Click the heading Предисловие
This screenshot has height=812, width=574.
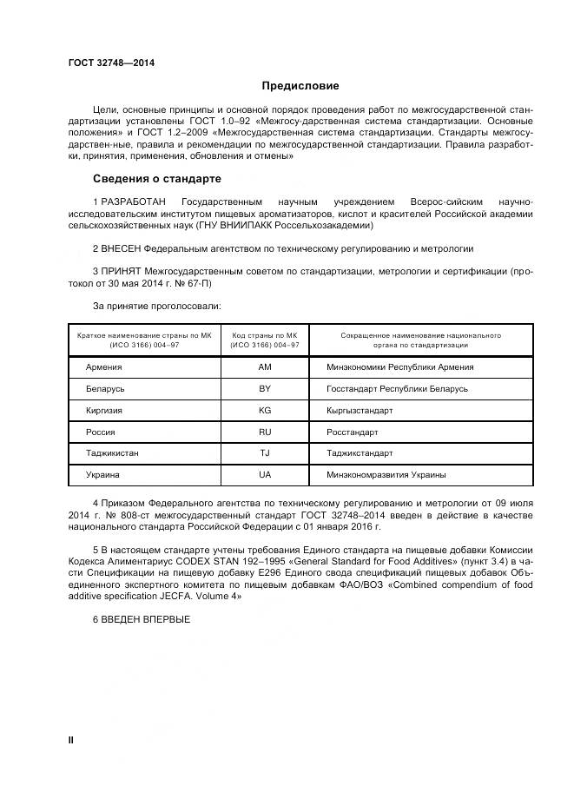(x=300, y=86)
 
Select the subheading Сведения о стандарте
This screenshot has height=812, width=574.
(x=157, y=179)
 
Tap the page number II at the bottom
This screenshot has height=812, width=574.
(x=71, y=739)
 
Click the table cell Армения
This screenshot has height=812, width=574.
(x=103, y=367)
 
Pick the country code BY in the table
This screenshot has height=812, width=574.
(x=265, y=389)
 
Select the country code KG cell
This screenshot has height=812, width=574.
(x=265, y=410)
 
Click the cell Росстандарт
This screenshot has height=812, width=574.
(x=352, y=432)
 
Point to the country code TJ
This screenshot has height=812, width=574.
(x=265, y=453)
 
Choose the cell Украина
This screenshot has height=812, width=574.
(x=102, y=475)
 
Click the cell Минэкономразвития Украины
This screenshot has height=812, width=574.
(x=386, y=475)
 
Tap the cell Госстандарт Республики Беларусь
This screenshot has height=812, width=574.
(x=397, y=389)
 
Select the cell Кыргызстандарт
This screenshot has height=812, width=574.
(x=360, y=410)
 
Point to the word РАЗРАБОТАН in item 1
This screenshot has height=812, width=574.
(x=136, y=201)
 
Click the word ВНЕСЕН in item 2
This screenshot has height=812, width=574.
(x=123, y=248)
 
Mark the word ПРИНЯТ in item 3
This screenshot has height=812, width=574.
(x=122, y=272)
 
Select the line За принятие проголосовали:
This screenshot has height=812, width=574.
(x=156, y=307)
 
